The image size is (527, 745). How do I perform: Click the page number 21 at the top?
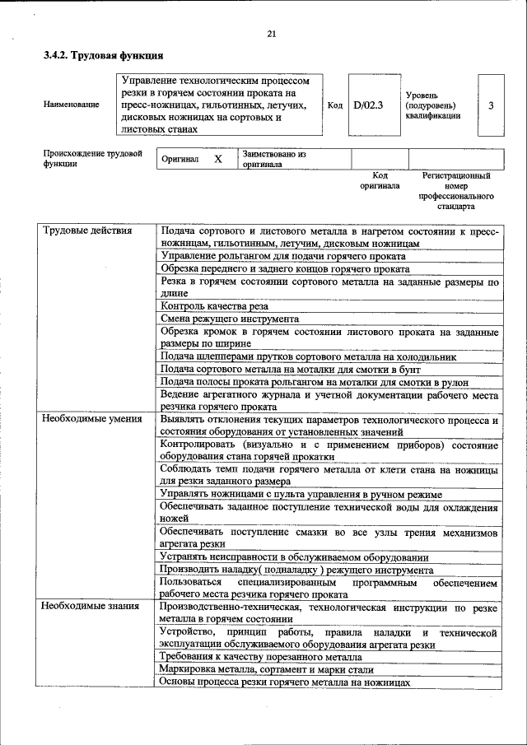pos(271,34)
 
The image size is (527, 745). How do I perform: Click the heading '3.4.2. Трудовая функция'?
pos(103,56)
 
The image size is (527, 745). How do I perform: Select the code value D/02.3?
pos(367,105)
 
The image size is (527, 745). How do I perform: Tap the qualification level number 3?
pos(491,105)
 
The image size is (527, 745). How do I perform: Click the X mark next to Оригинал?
pos(218,158)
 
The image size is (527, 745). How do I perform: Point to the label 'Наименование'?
pos(72,106)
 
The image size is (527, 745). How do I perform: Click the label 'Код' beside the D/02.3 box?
pos(335,105)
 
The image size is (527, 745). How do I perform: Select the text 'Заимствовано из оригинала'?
pos(273,159)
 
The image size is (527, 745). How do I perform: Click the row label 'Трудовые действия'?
pos(86,230)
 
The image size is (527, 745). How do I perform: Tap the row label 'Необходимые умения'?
pos(91,419)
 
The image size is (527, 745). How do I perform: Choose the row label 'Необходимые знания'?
pos(91,607)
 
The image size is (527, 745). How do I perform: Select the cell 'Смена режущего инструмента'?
pos(229,318)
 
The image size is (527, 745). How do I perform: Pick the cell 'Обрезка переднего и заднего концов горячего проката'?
pos(284,268)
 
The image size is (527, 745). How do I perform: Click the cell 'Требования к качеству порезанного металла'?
pos(261,657)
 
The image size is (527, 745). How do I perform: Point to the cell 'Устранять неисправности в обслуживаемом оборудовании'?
pos(294,556)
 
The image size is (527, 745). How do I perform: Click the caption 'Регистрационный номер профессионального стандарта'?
pos(456,191)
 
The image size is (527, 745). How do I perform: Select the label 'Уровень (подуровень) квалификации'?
pos(432,106)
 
